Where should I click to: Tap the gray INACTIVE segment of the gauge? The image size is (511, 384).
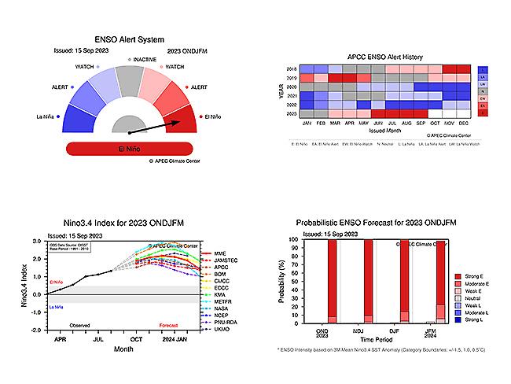[x=129, y=78]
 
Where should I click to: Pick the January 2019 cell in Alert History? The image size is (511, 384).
[x=307, y=78]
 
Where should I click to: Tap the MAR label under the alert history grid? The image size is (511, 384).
[x=334, y=124]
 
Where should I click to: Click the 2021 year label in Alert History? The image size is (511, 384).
[x=292, y=96]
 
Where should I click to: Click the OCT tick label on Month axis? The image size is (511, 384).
[x=135, y=339]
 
